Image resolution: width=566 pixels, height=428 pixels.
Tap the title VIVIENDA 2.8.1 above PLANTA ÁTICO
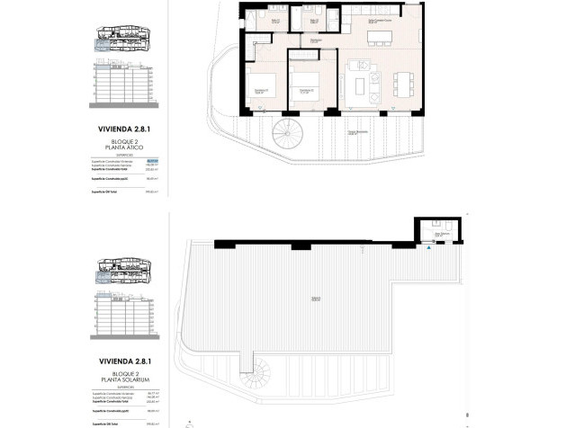[x=121, y=129]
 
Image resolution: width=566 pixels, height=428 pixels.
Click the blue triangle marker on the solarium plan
[x=429, y=248]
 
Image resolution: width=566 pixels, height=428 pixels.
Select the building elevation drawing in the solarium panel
[x=121, y=317]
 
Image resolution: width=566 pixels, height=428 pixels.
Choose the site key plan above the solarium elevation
[x=121, y=273]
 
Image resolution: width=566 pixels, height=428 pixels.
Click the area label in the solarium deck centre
[x=316, y=299]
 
